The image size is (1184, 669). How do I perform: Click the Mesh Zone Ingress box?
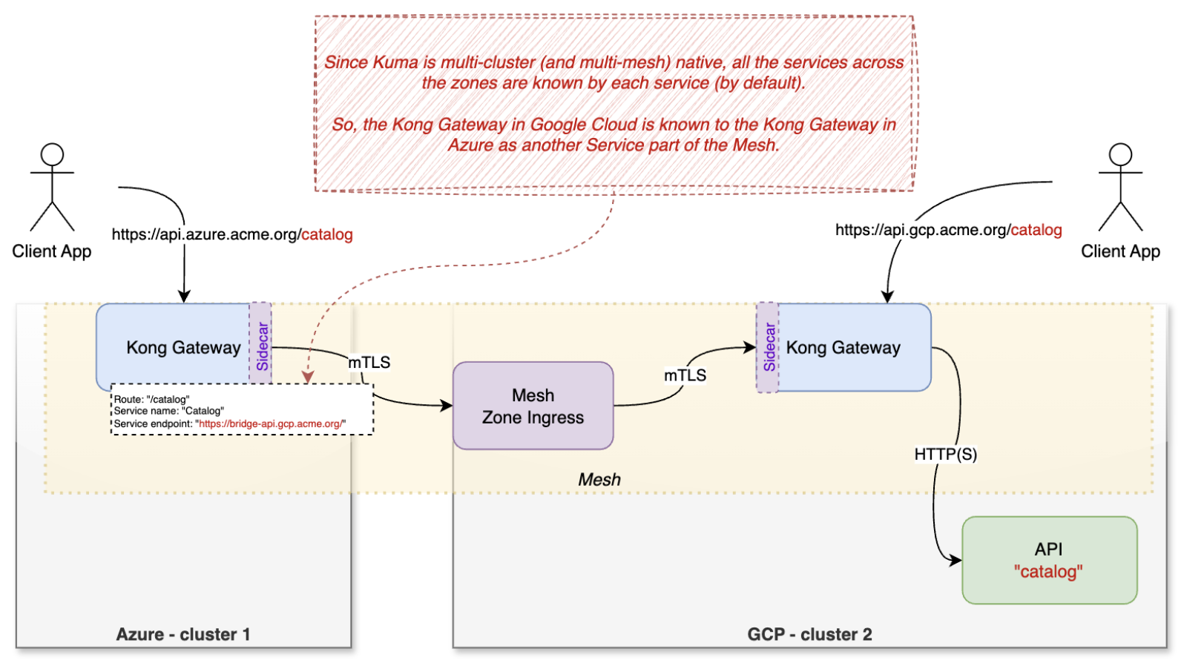(533, 406)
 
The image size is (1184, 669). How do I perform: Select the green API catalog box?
(1048, 560)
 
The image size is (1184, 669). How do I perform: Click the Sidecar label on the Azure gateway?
(261, 346)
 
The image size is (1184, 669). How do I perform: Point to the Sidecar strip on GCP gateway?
(769, 346)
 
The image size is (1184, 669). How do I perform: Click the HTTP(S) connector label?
(945, 454)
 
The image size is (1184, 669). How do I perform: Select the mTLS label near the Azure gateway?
(369, 362)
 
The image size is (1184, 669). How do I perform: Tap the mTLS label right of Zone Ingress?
(684, 375)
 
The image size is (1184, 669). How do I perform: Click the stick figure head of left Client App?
(52, 154)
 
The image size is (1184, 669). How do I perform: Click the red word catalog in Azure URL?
(326, 234)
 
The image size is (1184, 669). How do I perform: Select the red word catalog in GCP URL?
(1036, 230)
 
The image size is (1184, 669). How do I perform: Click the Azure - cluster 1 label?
(183, 634)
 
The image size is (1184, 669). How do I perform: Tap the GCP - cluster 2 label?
(809, 634)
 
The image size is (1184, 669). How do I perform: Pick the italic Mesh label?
(599, 480)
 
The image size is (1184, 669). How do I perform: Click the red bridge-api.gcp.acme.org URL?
(270, 424)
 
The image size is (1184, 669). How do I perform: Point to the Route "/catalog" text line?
(151, 399)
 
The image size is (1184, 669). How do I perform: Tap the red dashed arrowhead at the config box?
(308, 378)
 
